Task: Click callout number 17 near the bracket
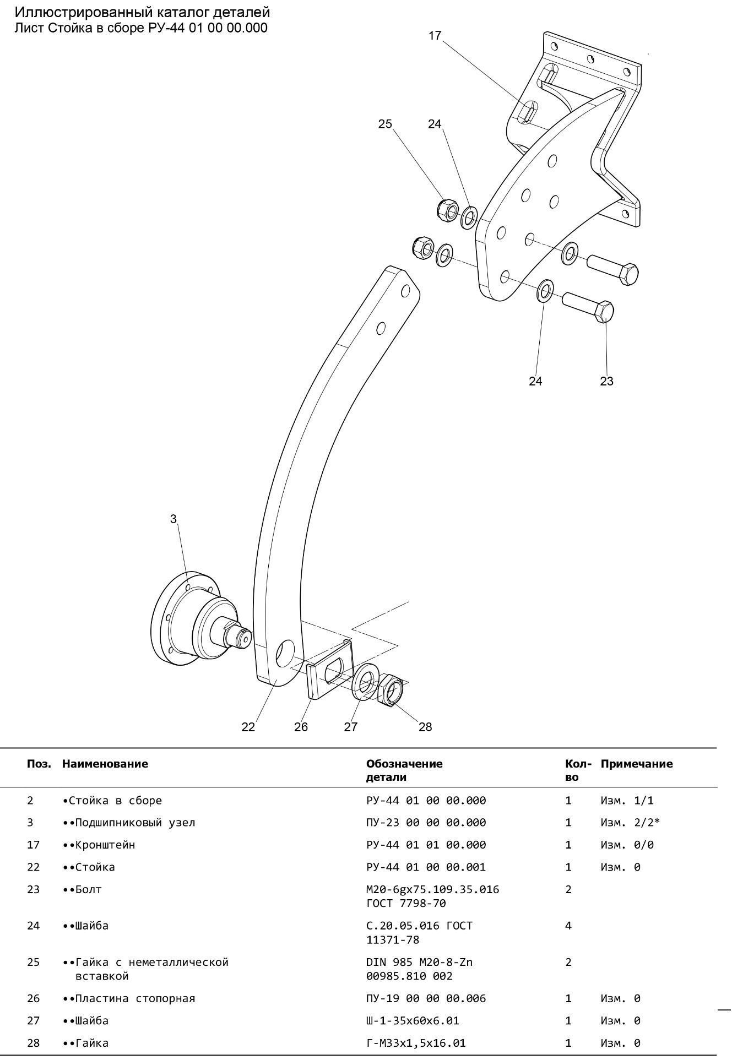point(435,36)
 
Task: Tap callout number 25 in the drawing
point(385,124)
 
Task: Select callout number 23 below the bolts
point(606,381)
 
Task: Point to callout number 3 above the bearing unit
point(173,519)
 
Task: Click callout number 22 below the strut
point(248,727)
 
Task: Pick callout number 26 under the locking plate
point(301,727)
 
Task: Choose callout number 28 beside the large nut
point(425,727)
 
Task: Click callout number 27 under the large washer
point(351,727)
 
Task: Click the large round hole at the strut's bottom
point(285,653)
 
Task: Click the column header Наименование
point(105,764)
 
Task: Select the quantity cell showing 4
point(568,926)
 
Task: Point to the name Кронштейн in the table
point(105,845)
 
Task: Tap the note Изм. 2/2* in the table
point(630,823)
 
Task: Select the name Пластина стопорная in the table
point(135,998)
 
